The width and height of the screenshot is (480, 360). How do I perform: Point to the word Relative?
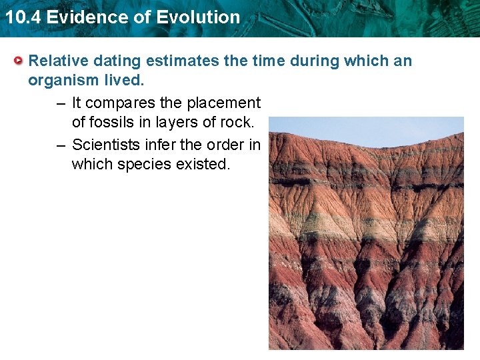[58, 61]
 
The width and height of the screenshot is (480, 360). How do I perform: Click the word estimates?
[183, 61]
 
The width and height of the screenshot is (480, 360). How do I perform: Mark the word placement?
[226, 103]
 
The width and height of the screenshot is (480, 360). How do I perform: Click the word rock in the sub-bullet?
[236, 123]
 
